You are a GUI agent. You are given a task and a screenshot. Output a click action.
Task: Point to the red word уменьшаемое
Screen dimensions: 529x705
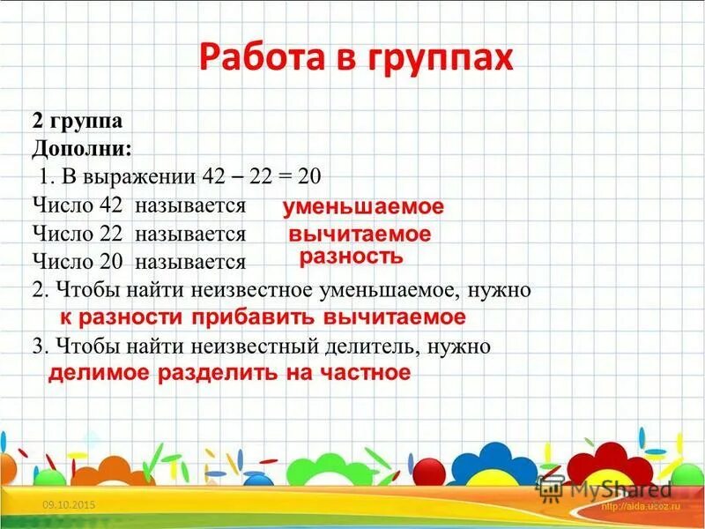pos(363,207)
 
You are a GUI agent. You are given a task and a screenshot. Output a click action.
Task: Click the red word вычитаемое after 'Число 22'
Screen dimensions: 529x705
pos(360,235)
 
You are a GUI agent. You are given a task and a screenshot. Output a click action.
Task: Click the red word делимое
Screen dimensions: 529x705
pos(99,373)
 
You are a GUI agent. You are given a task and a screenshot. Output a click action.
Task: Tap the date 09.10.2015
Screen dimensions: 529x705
pos(69,503)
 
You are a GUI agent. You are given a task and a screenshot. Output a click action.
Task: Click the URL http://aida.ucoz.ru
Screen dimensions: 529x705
pos(641,507)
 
